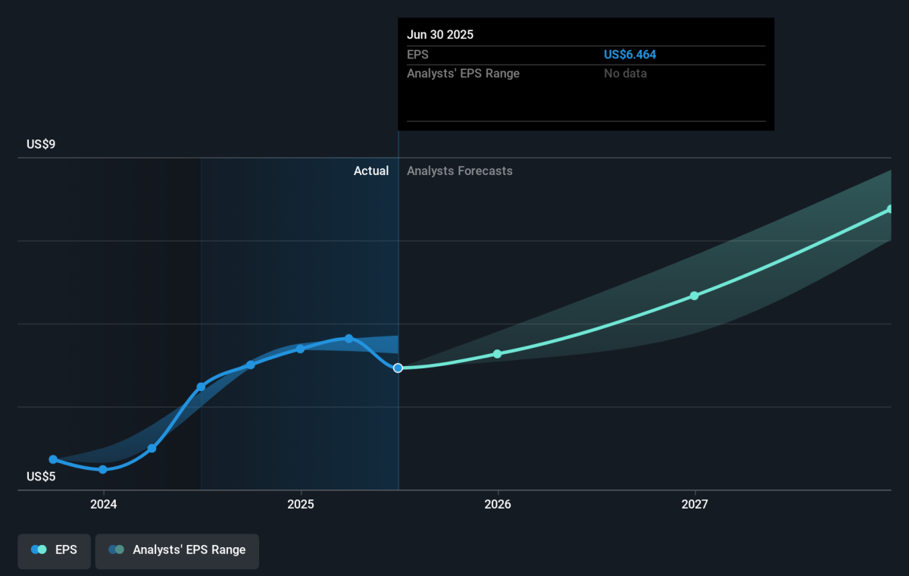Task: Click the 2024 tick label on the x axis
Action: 103,504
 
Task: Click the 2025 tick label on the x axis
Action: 301,504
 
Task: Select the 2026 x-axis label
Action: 498,504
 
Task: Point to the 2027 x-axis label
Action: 695,504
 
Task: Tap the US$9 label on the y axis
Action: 42,144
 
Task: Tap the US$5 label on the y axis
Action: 42,477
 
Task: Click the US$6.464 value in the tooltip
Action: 629,55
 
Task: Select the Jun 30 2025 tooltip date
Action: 440,35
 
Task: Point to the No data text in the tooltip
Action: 625,74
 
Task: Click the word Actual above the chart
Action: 371,171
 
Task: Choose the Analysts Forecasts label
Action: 459,171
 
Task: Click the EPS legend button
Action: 55,549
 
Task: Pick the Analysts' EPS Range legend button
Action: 177,549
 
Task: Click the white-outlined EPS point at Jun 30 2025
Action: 398,368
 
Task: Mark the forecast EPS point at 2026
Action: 498,354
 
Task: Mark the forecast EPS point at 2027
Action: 695,296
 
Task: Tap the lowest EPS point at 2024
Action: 103,469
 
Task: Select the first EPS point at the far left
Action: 53,459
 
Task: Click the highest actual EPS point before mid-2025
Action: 349,338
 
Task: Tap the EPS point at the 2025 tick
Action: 301,349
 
